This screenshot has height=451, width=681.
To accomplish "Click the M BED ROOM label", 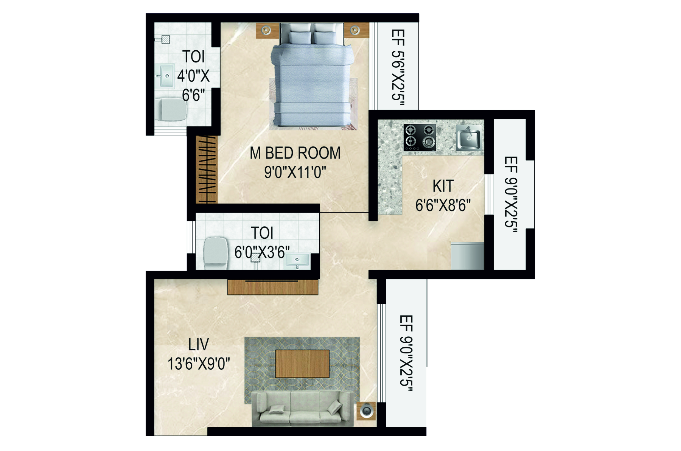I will (x=295, y=153).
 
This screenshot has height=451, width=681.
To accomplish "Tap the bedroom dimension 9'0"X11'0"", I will (x=295, y=173).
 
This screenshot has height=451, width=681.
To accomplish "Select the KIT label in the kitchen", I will (x=443, y=186).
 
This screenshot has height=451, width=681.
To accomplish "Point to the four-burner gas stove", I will (x=420, y=137).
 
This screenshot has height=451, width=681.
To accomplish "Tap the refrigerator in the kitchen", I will (x=467, y=256).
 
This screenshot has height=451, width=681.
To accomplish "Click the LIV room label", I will (x=199, y=344).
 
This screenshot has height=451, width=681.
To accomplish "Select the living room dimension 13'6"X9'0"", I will (x=199, y=364).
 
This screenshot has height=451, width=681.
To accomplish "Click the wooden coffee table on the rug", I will (x=302, y=364).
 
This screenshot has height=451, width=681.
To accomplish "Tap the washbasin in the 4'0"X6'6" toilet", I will (x=165, y=76).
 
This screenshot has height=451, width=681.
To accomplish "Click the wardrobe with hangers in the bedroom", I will (x=207, y=169).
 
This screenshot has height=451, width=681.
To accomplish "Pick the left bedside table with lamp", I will (x=266, y=30).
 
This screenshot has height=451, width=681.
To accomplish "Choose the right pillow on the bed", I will (x=325, y=37).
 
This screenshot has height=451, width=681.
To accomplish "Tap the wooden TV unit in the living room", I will (x=272, y=287).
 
